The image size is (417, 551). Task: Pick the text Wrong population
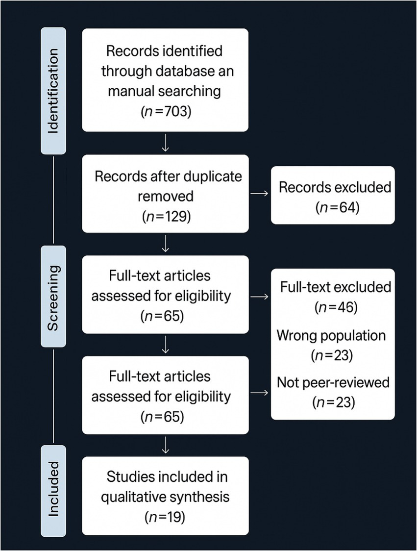(x=331, y=336)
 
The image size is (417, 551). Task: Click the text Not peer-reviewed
(x=332, y=382)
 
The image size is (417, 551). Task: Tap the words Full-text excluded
(x=335, y=288)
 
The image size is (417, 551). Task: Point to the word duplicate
(x=216, y=176)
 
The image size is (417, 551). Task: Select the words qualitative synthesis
(x=165, y=496)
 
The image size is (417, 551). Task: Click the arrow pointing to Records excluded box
(x=259, y=195)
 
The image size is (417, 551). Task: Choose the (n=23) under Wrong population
(x=331, y=355)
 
